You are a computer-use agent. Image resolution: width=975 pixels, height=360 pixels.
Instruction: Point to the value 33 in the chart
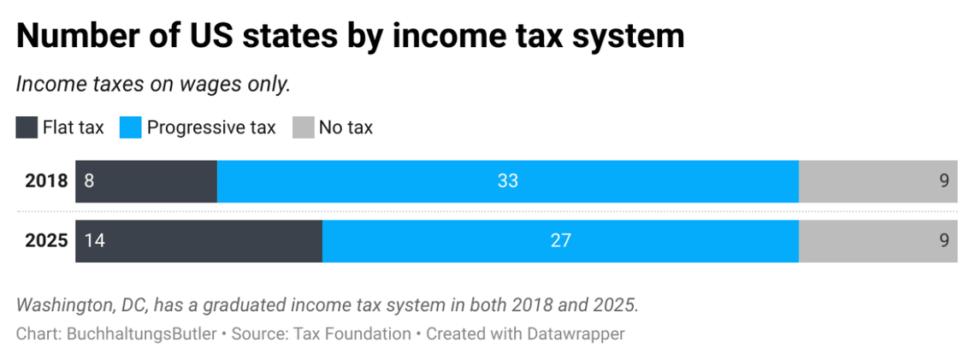(508, 181)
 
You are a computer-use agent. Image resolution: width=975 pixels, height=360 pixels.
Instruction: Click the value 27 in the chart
(560, 241)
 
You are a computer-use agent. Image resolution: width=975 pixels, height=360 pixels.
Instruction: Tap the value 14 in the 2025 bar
(94, 241)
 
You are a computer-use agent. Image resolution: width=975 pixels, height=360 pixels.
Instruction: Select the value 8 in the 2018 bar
(88, 181)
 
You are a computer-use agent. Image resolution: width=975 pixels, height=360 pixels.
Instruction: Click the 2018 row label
(46, 181)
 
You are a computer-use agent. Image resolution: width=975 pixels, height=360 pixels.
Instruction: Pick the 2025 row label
(46, 241)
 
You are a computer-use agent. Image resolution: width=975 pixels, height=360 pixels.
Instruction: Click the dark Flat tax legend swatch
(27, 128)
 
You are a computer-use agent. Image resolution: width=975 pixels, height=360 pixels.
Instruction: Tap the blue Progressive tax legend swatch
(131, 128)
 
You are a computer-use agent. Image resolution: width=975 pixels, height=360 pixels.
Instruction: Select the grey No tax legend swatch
(303, 128)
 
